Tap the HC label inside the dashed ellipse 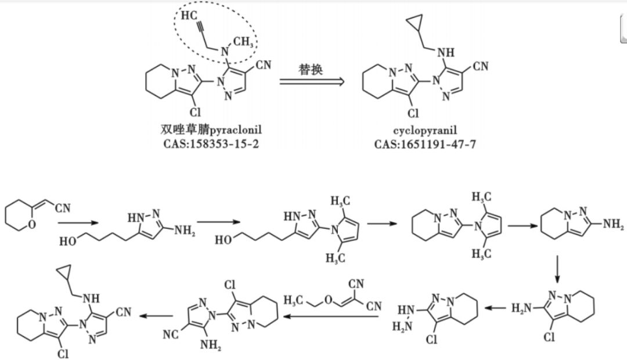pyautogui.click(x=189, y=16)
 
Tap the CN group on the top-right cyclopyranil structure pyautogui.click(x=480, y=67)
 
